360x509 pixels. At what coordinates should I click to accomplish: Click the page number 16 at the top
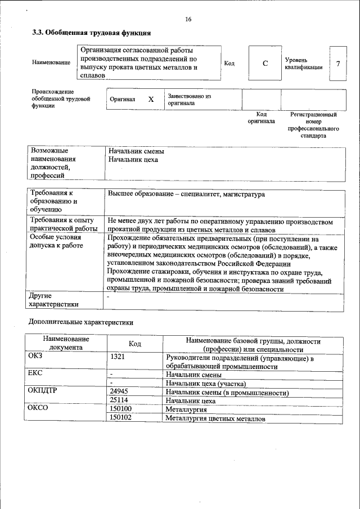188,20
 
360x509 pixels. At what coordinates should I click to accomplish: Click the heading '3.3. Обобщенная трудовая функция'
92,33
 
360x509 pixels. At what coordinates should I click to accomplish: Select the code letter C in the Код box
265,64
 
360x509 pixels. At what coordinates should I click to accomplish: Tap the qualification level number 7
337,64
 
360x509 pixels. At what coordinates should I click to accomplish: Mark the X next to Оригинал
151,99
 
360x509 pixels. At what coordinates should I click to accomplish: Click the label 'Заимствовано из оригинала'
189,100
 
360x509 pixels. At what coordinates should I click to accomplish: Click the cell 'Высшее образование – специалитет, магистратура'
186,195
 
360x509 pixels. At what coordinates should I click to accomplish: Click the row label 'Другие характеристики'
54,300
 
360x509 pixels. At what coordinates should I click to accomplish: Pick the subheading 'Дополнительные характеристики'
81,323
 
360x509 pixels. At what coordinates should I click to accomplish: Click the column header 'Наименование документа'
65,343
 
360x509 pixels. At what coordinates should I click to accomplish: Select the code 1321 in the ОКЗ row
118,357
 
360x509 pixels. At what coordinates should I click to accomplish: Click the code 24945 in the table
119,391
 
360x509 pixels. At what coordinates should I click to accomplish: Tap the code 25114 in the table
119,400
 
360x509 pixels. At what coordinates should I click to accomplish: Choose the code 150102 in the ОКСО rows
121,418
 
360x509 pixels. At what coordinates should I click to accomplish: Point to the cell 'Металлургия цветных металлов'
215,418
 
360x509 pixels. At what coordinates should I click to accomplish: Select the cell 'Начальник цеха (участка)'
205,383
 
